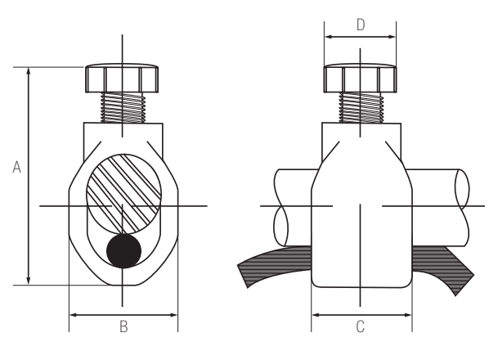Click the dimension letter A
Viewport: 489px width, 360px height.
point(16,167)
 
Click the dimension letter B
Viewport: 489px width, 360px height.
point(123,326)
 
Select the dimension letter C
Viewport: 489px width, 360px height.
point(360,326)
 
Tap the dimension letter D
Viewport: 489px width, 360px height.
point(361,25)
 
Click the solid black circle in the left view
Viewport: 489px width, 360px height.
point(123,251)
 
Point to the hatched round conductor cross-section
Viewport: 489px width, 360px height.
point(123,193)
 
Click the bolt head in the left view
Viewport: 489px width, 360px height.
point(122,78)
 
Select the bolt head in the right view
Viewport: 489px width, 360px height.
point(360,78)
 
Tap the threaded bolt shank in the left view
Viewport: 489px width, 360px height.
point(123,108)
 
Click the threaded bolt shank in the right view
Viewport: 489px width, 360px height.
point(361,108)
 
